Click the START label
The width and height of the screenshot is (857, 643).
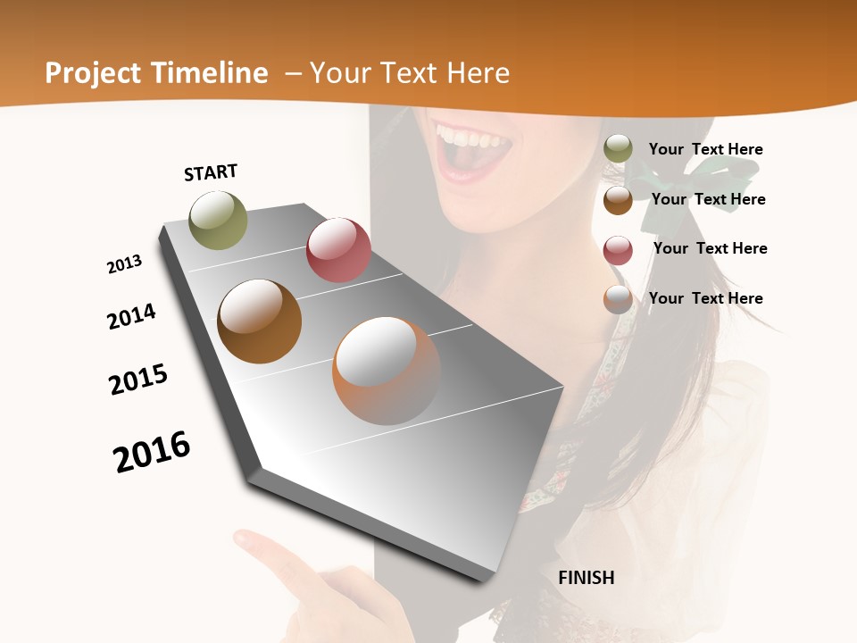(x=211, y=172)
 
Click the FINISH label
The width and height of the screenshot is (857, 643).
(x=587, y=578)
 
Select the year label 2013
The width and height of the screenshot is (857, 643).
(x=125, y=264)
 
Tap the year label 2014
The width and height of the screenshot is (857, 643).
(x=132, y=316)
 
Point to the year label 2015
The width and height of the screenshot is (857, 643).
(x=138, y=379)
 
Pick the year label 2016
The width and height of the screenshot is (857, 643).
(x=152, y=451)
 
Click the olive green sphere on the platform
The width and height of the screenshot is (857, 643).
(x=219, y=220)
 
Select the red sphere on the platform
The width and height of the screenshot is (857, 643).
(x=338, y=250)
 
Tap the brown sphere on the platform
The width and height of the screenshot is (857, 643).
(x=259, y=321)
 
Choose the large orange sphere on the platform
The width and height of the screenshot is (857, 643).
(x=386, y=370)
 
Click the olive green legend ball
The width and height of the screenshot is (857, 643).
(x=618, y=149)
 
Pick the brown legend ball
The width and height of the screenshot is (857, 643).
(x=618, y=200)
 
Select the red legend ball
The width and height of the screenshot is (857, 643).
(x=618, y=250)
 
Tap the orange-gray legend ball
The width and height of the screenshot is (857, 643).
(x=618, y=299)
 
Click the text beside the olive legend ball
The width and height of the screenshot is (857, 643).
(x=705, y=149)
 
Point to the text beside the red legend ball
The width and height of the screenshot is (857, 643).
(x=710, y=248)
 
